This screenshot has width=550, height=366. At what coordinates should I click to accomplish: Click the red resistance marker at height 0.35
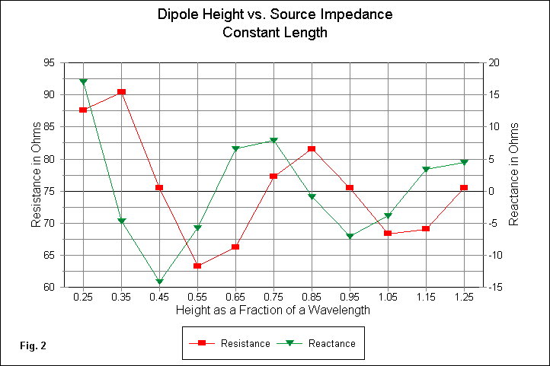click(121, 92)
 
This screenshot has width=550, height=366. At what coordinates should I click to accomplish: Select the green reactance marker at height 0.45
click(159, 282)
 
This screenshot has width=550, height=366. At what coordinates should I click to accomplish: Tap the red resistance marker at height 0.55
click(197, 266)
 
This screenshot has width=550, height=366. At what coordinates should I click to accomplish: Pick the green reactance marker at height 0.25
click(83, 81)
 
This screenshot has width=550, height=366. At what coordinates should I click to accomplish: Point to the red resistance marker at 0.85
click(312, 149)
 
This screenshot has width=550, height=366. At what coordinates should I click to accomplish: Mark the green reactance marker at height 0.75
click(273, 141)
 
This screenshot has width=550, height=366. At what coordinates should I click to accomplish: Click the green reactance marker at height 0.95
click(350, 237)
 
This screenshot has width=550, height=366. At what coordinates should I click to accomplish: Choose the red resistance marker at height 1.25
click(464, 188)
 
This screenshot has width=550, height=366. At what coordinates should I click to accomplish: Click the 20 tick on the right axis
click(493, 62)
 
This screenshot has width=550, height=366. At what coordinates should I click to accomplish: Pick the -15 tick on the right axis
click(493, 288)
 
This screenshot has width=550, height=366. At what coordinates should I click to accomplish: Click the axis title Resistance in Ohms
click(35, 175)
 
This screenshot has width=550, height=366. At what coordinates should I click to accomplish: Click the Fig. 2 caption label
click(34, 346)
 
